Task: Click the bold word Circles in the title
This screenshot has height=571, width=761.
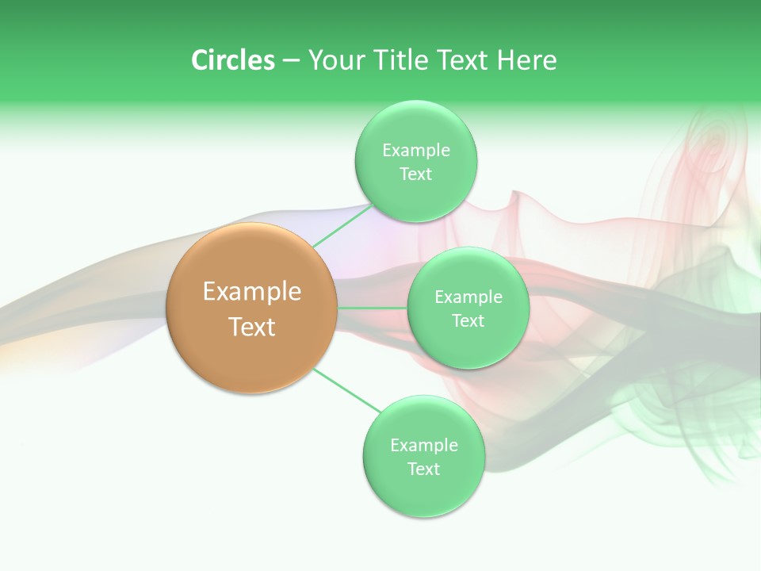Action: point(232,60)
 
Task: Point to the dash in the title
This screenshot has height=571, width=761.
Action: point(290,61)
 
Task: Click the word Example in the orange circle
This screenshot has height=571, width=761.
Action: point(252,292)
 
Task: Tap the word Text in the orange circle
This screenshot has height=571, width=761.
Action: point(252,327)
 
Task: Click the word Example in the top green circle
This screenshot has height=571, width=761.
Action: point(415,151)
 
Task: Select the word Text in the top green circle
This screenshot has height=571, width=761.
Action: point(415,174)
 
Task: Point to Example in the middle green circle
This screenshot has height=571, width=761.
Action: point(468,297)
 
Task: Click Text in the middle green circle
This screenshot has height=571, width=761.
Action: point(468,321)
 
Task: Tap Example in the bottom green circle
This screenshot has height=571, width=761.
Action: point(423,446)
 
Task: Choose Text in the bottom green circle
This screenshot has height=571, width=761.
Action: point(423,469)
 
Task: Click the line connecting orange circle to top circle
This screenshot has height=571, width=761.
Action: point(341,225)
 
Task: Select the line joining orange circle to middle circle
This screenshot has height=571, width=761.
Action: point(373,307)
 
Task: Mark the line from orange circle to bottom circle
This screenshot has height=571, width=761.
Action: point(347,390)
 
